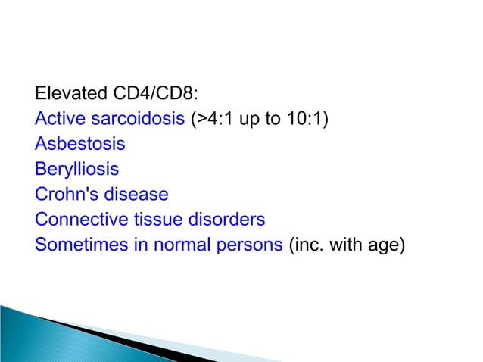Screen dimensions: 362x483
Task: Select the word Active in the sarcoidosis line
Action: coord(59,120)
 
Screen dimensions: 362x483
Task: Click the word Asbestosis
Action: coord(79,145)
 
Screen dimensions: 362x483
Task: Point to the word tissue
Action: coord(154,220)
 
